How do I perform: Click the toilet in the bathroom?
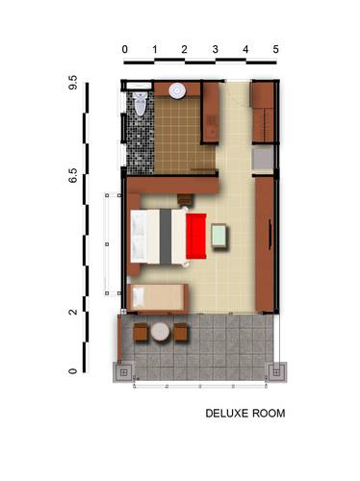(x=141, y=103)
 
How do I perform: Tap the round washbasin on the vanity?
(x=177, y=90)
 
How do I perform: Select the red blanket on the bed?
(x=196, y=236)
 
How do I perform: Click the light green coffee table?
(x=219, y=236)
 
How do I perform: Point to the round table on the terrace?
(x=160, y=332)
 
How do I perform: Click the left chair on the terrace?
(x=141, y=332)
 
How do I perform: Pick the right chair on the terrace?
(x=180, y=332)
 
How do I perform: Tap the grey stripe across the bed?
(x=166, y=237)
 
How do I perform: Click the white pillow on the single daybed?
(x=139, y=296)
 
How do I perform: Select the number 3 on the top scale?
(x=215, y=49)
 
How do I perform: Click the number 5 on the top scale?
(x=275, y=49)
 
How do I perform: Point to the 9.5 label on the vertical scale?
(x=73, y=83)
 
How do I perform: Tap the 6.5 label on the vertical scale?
(x=73, y=175)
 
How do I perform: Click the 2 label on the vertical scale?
(x=73, y=312)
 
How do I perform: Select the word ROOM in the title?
(x=269, y=413)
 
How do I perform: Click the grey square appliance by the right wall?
(x=263, y=159)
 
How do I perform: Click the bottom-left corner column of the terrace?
(x=123, y=372)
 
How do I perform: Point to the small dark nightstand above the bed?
(x=186, y=200)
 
